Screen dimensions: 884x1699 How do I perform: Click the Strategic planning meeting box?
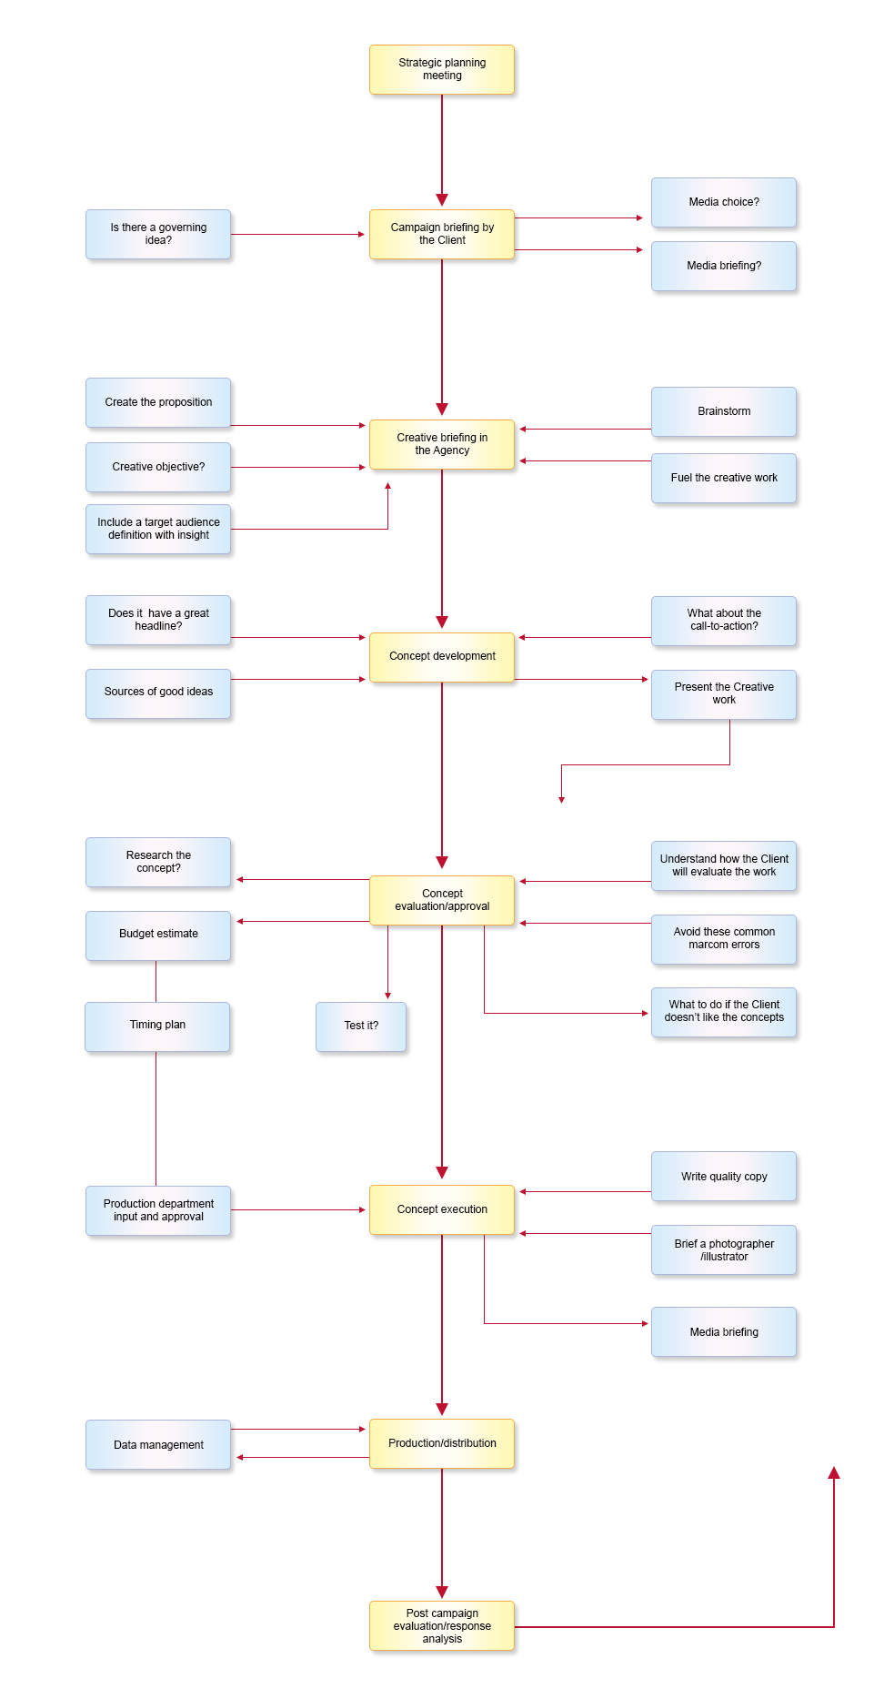tap(442, 70)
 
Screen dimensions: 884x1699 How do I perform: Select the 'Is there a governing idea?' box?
tap(158, 235)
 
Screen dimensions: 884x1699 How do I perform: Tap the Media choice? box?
tap(724, 203)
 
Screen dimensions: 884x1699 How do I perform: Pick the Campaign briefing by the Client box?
tap(442, 235)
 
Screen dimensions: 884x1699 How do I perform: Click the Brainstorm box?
tap(724, 412)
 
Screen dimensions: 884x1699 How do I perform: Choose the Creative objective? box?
tap(158, 468)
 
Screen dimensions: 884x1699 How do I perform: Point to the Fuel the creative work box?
tap(724, 479)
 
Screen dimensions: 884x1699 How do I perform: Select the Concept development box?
tap(442, 657)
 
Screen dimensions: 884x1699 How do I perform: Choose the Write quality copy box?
tap(724, 1177)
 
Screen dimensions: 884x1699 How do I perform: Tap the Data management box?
tap(158, 1445)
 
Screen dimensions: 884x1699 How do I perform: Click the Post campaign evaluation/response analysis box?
tap(442, 1626)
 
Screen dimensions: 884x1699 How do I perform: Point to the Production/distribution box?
tap(442, 1444)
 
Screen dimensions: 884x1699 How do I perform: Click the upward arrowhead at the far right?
tap(834, 1472)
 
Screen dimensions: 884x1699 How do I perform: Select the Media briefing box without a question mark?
tap(724, 1332)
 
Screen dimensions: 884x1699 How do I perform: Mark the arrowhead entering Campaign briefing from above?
tap(442, 200)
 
